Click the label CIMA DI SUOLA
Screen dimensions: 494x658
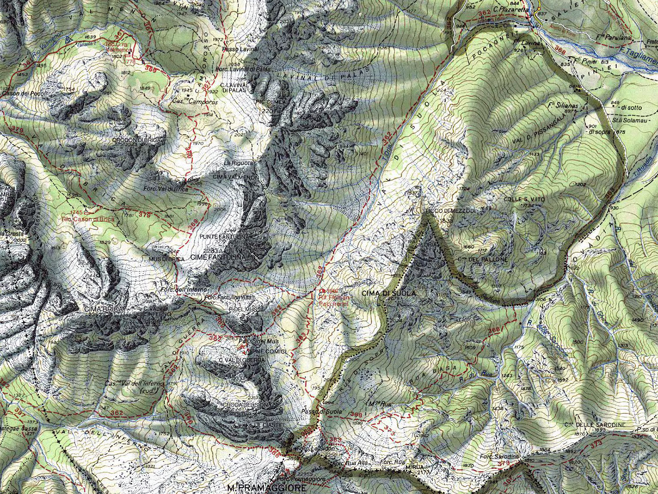(x=382, y=293)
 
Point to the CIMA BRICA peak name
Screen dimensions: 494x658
(x=100, y=310)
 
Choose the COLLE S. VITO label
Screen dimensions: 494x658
(x=525, y=199)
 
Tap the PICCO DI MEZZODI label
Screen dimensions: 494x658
(x=450, y=211)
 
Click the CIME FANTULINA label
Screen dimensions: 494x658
(x=216, y=256)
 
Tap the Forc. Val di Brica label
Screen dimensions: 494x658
(x=165, y=189)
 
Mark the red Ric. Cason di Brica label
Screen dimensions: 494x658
(x=88, y=219)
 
